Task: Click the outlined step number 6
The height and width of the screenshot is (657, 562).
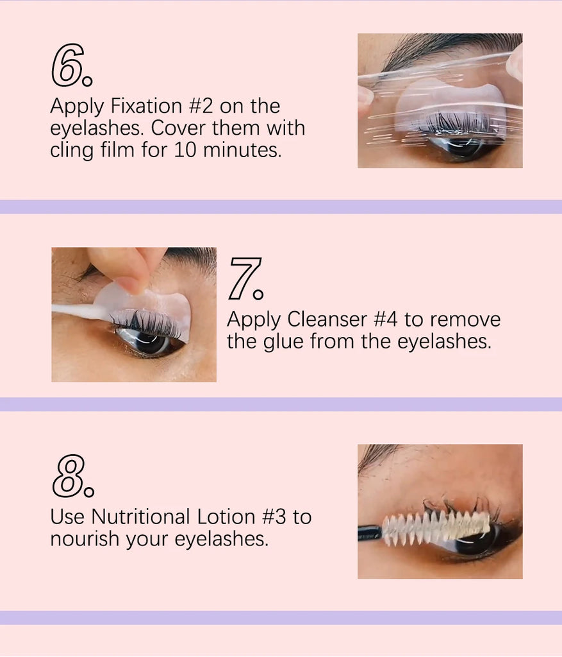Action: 71,65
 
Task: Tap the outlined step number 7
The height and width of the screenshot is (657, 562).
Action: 246,278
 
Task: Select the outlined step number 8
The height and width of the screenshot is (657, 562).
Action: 73,476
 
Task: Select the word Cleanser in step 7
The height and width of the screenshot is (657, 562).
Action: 327,320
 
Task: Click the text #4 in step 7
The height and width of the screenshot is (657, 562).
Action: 385,320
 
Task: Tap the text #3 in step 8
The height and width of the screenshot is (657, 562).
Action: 274,516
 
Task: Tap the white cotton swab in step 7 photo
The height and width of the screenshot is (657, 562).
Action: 82,312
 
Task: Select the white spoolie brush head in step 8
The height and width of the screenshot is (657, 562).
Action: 436,526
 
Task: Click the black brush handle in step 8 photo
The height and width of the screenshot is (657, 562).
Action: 370,532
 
